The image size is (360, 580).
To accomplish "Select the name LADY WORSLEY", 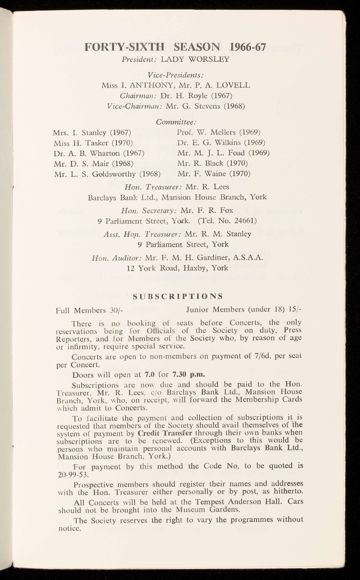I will point(195,59).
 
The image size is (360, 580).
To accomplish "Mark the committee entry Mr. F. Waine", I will point(214,174).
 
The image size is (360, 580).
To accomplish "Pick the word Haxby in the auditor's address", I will point(182,268).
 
